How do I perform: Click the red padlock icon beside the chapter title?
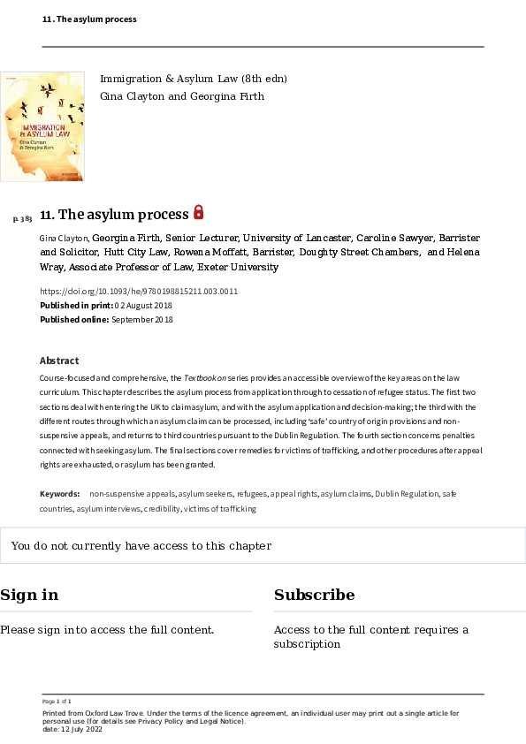click(199, 212)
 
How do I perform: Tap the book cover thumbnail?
click(42, 126)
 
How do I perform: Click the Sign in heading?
click(29, 595)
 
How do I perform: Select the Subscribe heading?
click(314, 595)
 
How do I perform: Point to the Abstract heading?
click(59, 361)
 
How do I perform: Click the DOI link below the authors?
click(139, 292)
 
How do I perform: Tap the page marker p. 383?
click(23, 218)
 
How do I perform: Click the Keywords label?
click(59, 493)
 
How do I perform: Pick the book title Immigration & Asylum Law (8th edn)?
click(193, 80)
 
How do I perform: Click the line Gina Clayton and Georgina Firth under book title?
click(181, 96)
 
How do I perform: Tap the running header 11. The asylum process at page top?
click(89, 19)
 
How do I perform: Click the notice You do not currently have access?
click(141, 546)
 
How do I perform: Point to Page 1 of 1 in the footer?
click(57, 701)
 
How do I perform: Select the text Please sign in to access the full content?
click(107, 630)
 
